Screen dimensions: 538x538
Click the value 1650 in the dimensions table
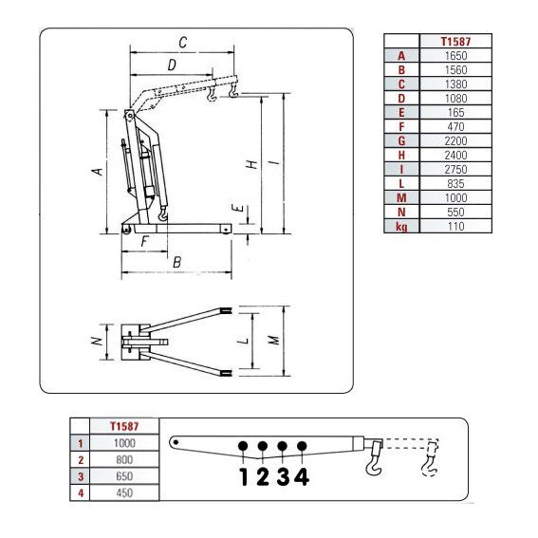tap(455, 56)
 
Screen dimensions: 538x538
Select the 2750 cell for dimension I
tap(455, 170)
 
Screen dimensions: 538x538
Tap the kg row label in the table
tap(401, 227)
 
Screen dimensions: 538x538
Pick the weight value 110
tap(455, 227)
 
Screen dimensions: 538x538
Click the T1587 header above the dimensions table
tap(455, 42)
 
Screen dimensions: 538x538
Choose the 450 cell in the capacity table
tap(124, 492)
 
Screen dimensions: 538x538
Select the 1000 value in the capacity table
tap(124, 443)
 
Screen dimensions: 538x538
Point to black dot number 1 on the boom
tap(243, 446)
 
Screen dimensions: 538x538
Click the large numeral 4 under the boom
tap(302, 476)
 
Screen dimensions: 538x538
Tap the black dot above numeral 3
tap(282, 446)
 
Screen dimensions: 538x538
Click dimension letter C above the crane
tap(183, 43)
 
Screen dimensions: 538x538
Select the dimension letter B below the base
tap(177, 262)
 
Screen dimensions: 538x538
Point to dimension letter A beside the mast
tap(98, 171)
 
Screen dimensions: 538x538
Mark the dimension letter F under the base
tap(144, 241)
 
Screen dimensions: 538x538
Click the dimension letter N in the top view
tap(98, 341)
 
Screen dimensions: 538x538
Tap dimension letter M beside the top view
tap(273, 340)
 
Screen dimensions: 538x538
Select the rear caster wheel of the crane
tap(126, 230)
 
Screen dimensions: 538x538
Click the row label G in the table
tap(401, 141)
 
